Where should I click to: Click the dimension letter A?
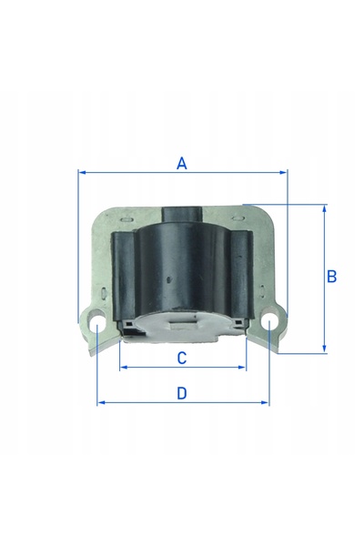pyautogui.click(x=181, y=163)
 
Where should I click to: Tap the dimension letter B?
pyautogui.click(x=332, y=277)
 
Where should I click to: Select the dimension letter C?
pyautogui.click(x=182, y=358)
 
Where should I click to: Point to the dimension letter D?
pyautogui.click(x=182, y=393)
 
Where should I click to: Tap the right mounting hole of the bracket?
pyautogui.click(x=270, y=319)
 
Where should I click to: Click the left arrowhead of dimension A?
pyautogui.click(x=82, y=172)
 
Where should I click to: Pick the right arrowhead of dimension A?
pyautogui.click(x=283, y=172)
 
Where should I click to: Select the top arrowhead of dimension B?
pyautogui.click(x=324, y=208)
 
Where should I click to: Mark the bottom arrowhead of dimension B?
pyautogui.click(x=324, y=349)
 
